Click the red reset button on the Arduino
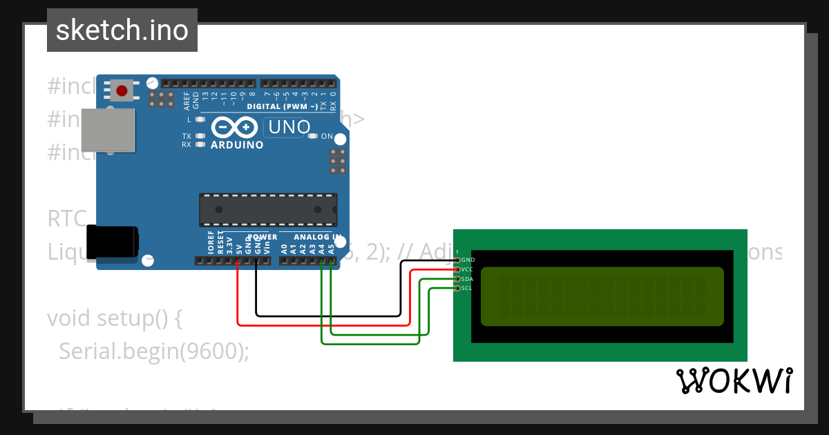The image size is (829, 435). (x=122, y=90)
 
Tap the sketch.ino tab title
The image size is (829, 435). (x=122, y=30)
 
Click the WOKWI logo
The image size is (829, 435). (x=734, y=380)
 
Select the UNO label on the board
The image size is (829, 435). (x=289, y=127)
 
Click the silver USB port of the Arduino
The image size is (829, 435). (x=107, y=130)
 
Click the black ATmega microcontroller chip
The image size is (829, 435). (x=268, y=210)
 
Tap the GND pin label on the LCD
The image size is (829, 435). (x=468, y=260)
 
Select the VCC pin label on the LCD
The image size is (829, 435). (x=468, y=269)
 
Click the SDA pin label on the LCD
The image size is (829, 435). (x=468, y=279)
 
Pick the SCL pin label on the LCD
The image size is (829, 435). (x=467, y=288)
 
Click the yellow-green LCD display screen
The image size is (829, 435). (x=602, y=296)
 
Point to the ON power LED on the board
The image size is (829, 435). (x=313, y=136)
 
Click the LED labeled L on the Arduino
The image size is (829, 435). (x=200, y=119)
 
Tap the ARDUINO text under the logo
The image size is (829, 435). (x=236, y=145)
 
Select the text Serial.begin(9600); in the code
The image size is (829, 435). (x=153, y=351)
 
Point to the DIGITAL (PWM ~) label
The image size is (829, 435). (x=283, y=107)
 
